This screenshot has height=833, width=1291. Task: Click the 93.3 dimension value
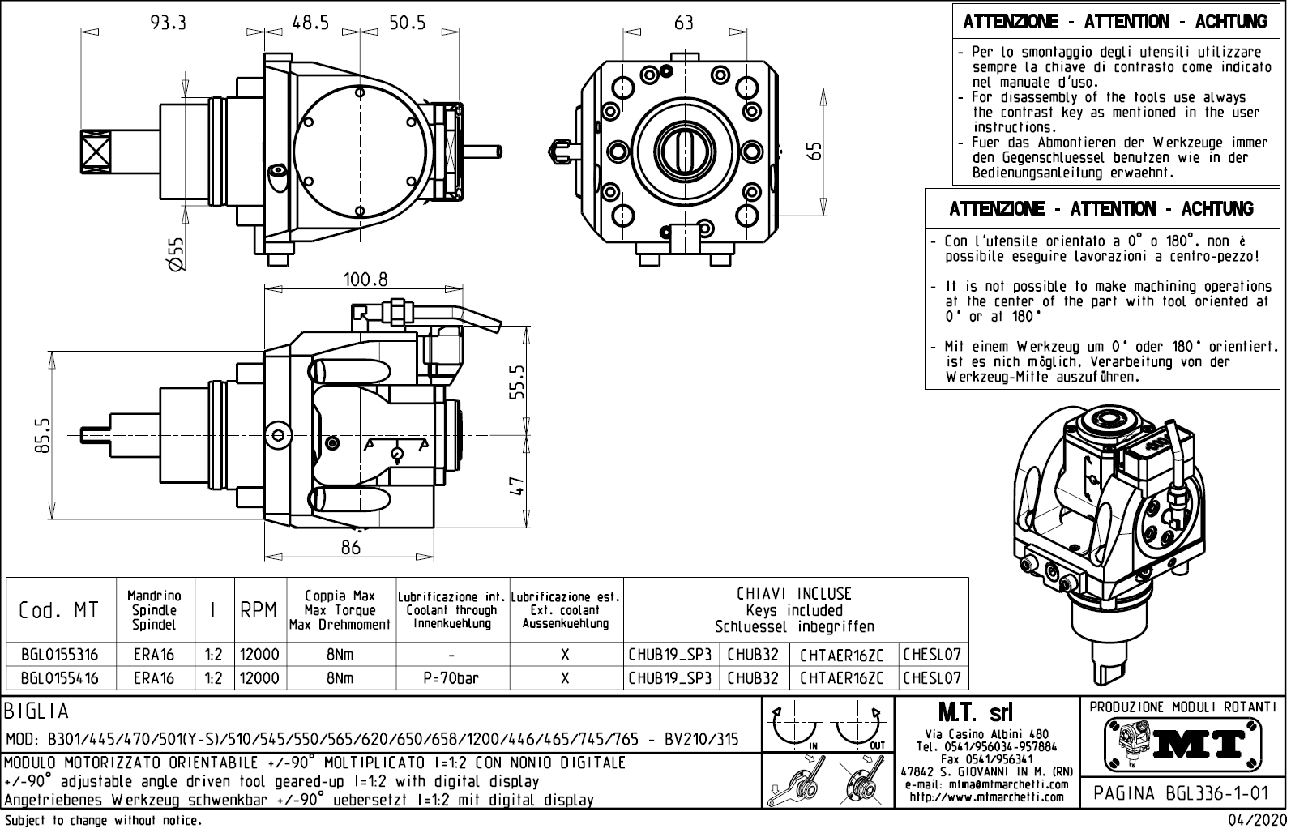pyautogui.click(x=169, y=23)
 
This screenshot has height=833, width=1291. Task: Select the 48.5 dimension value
pyautogui.click(x=310, y=23)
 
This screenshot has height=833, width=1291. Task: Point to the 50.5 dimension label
pyautogui.click(x=407, y=23)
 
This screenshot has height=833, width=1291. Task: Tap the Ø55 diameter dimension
pyautogui.click(x=177, y=254)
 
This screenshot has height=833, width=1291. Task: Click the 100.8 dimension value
pyautogui.click(x=365, y=280)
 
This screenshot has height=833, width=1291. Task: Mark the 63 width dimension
pyautogui.click(x=684, y=23)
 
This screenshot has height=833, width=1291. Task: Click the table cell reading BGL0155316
pyautogui.click(x=60, y=655)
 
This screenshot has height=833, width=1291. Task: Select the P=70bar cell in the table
pyautogui.click(x=451, y=678)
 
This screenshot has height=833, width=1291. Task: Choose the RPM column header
pyautogui.click(x=259, y=610)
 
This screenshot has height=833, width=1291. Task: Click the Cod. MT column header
pyautogui.click(x=58, y=610)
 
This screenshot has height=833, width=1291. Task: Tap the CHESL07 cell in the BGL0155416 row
pyautogui.click(x=932, y=678)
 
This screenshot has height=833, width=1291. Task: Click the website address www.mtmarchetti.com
pyautogui.click(x=986, y=797)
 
